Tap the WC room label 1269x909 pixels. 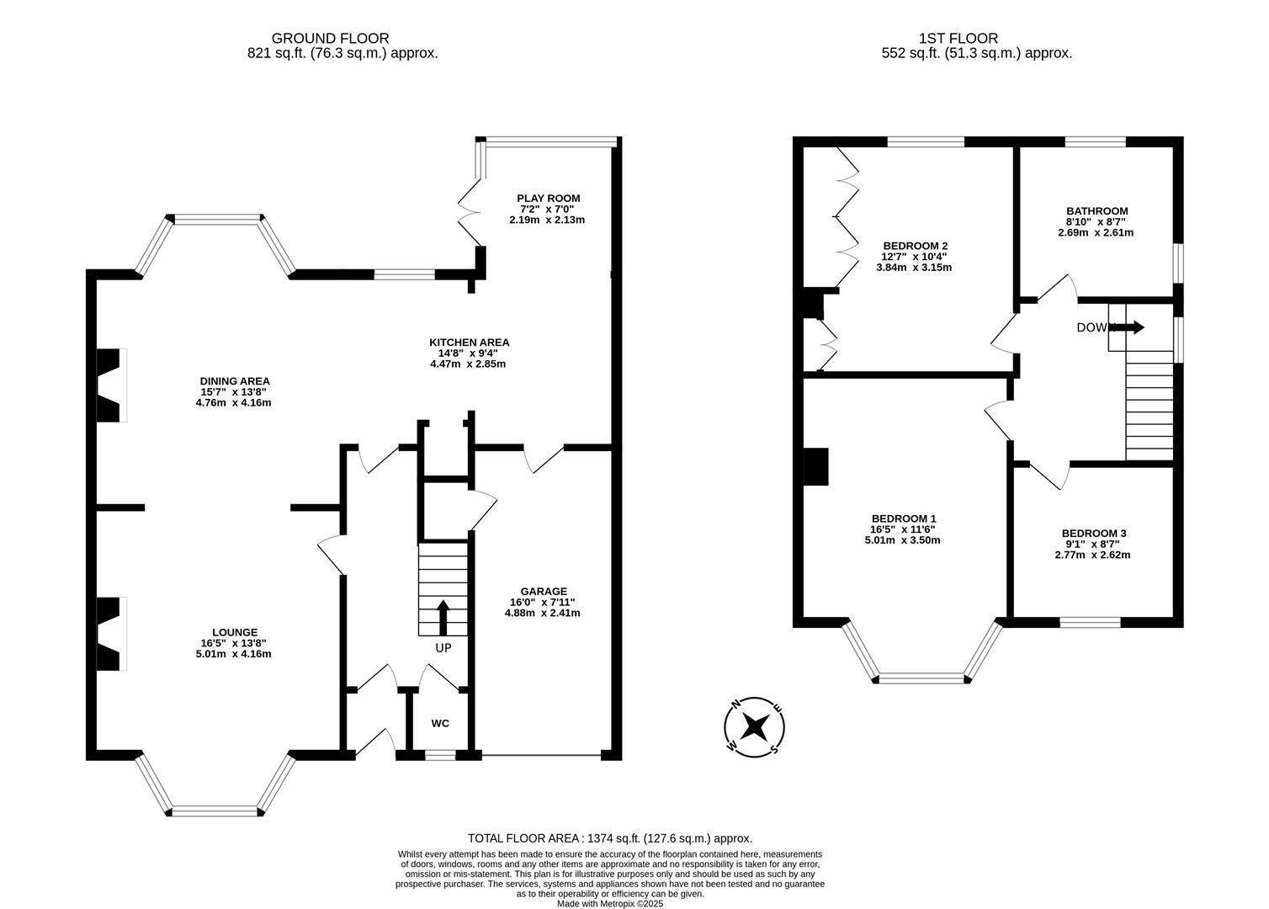(x=440, y=723)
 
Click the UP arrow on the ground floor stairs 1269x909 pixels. (x=443, y=617)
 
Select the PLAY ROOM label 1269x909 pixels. (x=548, y=199)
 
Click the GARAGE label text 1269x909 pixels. (x=543, y=591)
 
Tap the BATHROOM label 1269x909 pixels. (x=1096, y=211)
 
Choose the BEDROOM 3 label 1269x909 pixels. (x=1093, y=533)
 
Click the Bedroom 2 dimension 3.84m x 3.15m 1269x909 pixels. (x=913, y=268)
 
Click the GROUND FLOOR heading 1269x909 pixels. (x=330, y=38)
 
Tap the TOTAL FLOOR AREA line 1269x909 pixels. (x=609, y=838)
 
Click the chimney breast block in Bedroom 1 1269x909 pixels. (x=815, y=467)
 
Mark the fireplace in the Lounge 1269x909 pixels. (x=110, y=634)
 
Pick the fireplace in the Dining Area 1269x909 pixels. (x=110, y=385)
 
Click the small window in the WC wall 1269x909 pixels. (x=440, y=756)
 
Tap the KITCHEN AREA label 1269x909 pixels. (x=469, y=342)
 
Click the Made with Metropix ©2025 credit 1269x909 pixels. (x=609, y=904)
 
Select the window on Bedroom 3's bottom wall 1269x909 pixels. (x=1089, y=623)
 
